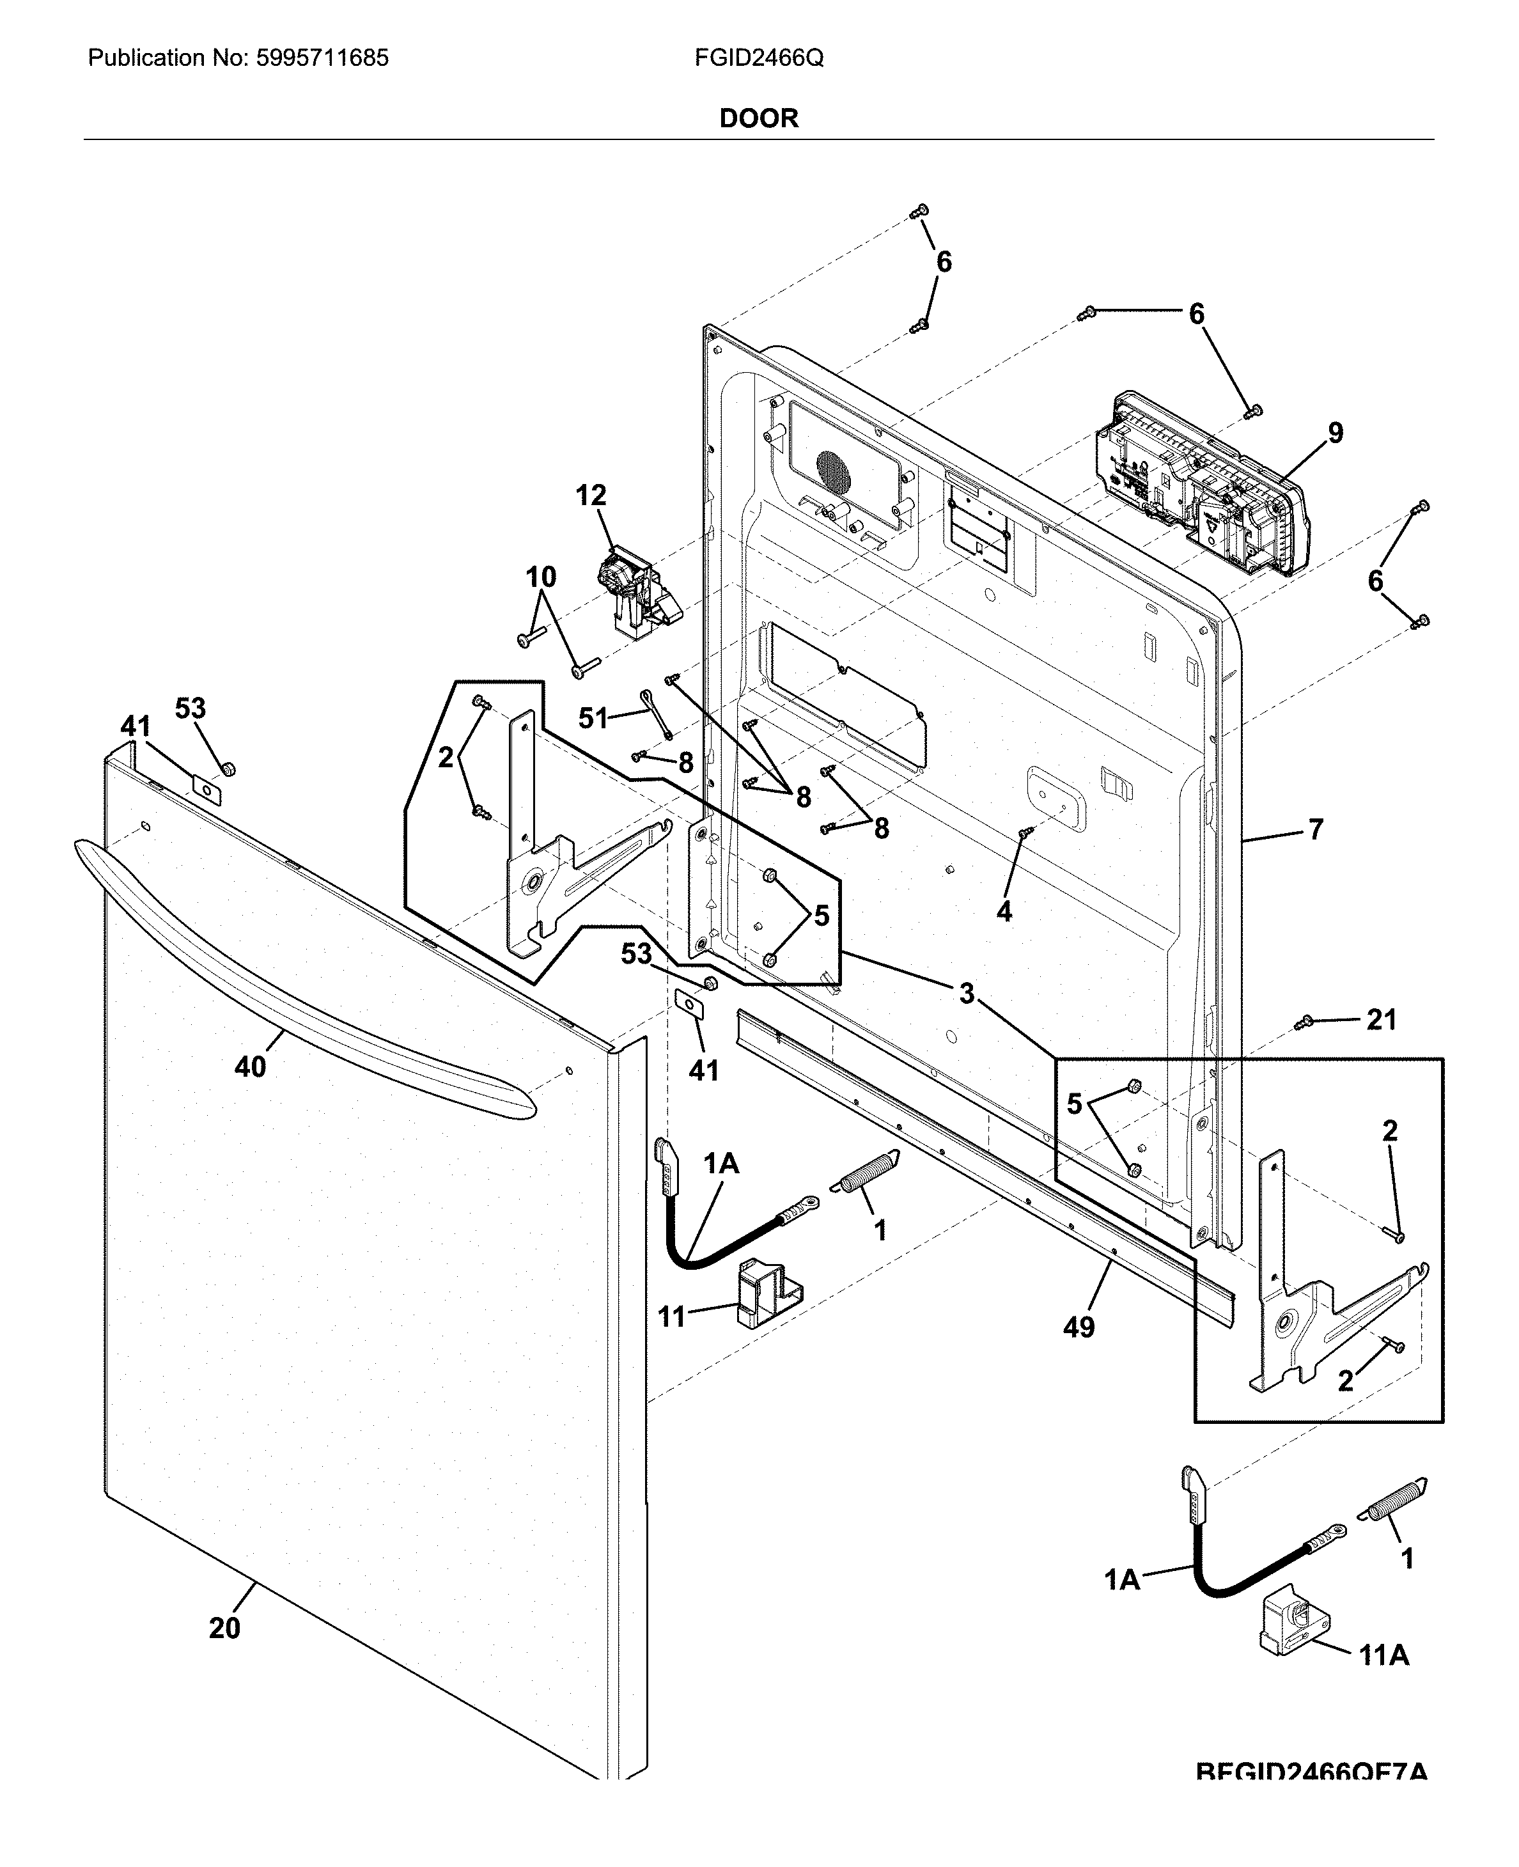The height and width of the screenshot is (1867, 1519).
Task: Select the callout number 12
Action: (x=591, y=496)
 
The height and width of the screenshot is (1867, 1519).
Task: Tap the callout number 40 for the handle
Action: (x=250, y=1066)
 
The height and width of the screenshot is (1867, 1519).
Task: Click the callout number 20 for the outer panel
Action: (x=224, y=1628)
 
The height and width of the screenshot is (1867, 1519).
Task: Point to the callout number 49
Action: (x=1079, y=1327)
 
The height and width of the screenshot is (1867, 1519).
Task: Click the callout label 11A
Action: (x=1383, y=1655)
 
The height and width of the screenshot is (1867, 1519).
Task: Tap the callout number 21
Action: (x=1382, y=1019)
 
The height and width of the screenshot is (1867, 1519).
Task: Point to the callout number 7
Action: (x=1316, y=829)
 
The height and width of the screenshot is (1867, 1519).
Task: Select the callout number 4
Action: (x=1004, y=912)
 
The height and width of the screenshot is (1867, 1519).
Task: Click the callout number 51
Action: (x=593, y=718)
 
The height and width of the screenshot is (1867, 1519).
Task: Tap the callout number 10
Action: (x=541, y=577)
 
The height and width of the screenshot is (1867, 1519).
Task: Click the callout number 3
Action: (x=966, y=993)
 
